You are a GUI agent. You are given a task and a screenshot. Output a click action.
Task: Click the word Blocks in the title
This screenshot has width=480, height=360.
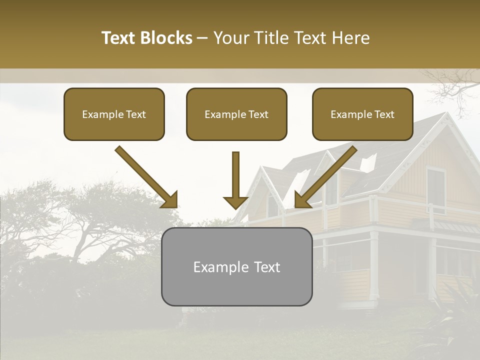[x=166, y=38]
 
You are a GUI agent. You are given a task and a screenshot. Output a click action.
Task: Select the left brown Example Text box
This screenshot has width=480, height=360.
[x=114, y=114]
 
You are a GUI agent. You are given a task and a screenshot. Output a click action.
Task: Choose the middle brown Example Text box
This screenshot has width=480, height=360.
[x=236, y=114]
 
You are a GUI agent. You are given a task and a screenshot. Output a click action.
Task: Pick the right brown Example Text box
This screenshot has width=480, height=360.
[x=362, y=114]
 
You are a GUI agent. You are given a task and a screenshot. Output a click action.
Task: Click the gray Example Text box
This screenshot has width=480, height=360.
[x=236, y=266]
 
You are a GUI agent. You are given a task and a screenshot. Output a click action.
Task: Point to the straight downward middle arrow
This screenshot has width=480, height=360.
[x=235, y=180]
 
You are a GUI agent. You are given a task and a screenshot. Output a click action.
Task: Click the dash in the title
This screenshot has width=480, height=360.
[x=202, y=38]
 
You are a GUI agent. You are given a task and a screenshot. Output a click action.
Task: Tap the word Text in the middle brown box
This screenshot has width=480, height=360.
[x=257, y=114]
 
